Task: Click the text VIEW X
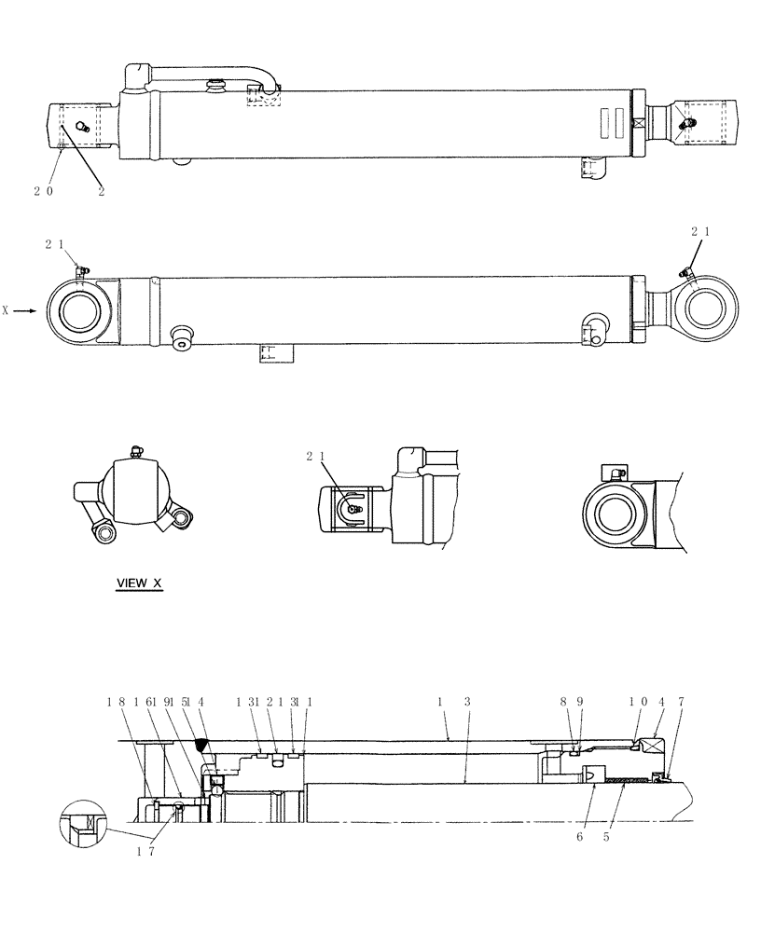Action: pyautogui.click(x=139, y=583)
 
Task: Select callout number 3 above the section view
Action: pyautogui.click(x=466, y=704)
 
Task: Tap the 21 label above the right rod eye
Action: pyautogui.click(x=700, y=230)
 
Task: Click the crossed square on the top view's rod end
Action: pyautogui.click(x=640, y=123)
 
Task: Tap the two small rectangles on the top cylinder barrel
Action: pyautogui.click(x=610, y=121)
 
